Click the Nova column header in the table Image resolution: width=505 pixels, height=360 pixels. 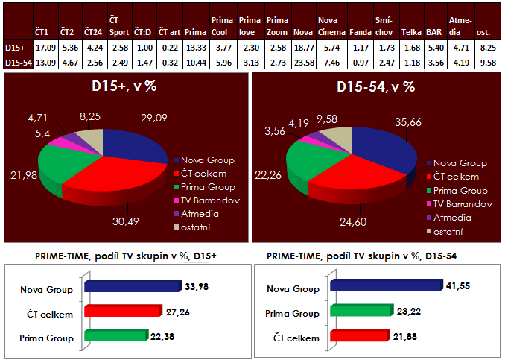[302, 33]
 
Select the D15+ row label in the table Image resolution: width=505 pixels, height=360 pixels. [16, 46]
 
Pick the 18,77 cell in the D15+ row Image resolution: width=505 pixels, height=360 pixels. [303, 46]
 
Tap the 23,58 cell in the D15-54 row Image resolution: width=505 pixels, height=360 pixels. [303, 60]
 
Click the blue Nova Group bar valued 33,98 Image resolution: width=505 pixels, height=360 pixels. [133, 285]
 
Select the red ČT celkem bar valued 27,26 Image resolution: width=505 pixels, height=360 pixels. [122, 311]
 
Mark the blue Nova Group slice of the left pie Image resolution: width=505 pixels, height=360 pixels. [138, 142]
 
